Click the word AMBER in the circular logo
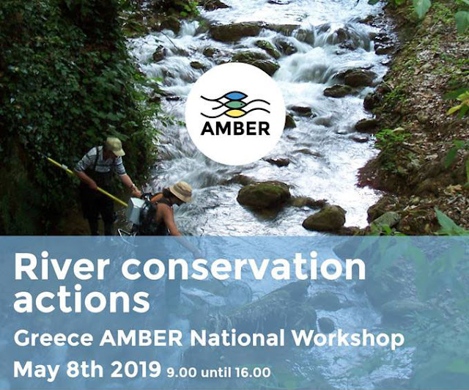(235, 128)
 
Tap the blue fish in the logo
(235, 96)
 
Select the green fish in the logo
(235, 105)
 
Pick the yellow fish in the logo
(235, 114)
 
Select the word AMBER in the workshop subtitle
(141, 338)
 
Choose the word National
(237, 338)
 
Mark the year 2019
(136, 370)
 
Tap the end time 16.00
(253, 373)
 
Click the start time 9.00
(182, 373)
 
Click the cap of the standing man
(115, 146)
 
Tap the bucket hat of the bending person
(181, 191)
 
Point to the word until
(217, 373)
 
